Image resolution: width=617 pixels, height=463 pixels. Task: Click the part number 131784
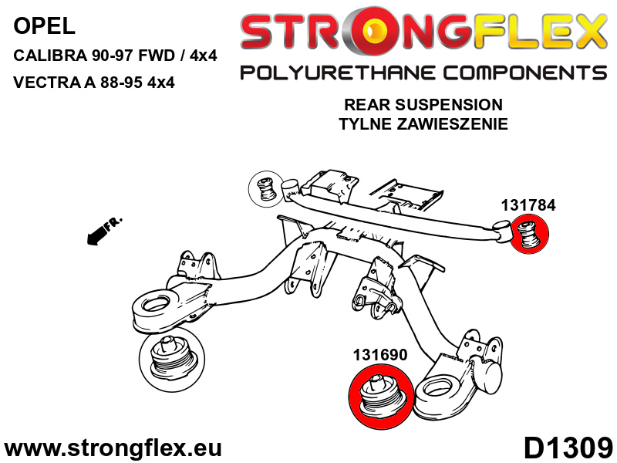point(528,205)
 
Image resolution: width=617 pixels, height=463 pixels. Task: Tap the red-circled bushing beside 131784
point(528,234)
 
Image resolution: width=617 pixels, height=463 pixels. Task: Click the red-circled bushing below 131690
point(381,395)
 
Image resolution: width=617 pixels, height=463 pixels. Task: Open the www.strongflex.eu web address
point(113,448)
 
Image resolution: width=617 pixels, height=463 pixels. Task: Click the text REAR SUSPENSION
point(423,105)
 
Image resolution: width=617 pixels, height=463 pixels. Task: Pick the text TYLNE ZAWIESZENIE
point(423,124)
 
